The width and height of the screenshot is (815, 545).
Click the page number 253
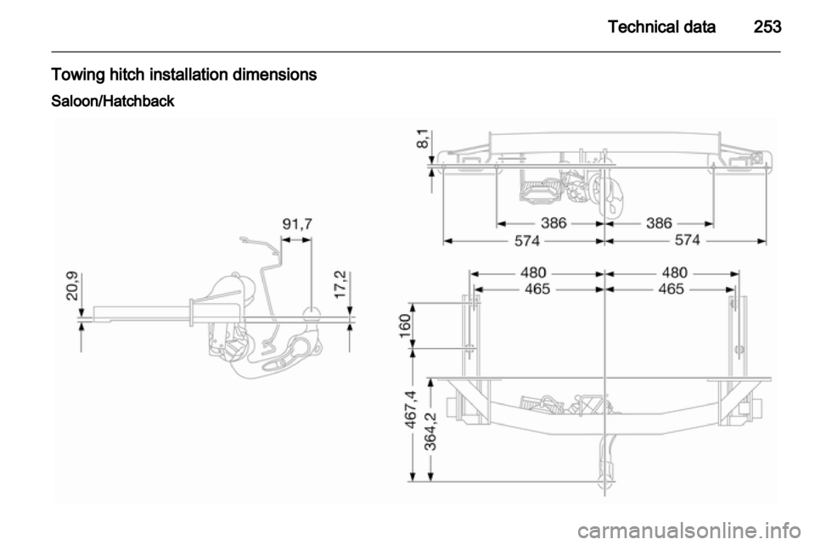(767, 26)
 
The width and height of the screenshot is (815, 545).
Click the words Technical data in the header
(661, 26)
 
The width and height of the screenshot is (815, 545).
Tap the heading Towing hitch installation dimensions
(184, 75)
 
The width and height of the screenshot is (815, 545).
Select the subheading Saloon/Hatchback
(113, 101)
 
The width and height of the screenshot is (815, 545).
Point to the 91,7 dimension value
(297, 224)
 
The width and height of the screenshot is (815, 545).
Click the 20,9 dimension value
(73, 286)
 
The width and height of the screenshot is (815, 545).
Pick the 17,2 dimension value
(340, 284)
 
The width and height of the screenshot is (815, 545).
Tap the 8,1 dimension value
(423, 138)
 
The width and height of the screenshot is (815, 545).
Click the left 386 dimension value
(554, 223)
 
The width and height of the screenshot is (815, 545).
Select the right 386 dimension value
(659, 223)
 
